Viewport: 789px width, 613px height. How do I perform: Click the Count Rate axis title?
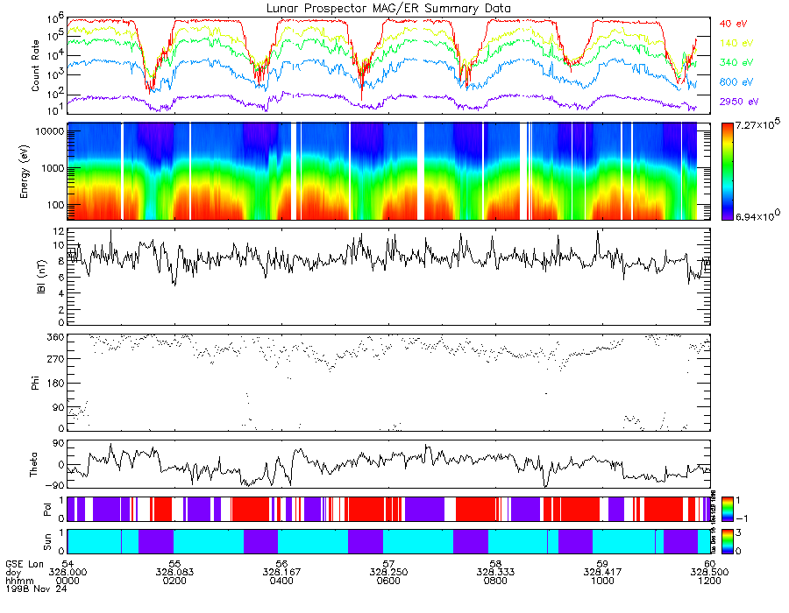pyautogui.click(x=37, y=67)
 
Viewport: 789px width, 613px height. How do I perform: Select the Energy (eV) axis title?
pyautogui.click(x=37, y=172)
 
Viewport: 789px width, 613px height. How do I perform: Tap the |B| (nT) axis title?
pyautogui.click(x=37, y=276)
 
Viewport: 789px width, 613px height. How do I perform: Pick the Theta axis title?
pyautogui.click(x=37, y=466)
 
